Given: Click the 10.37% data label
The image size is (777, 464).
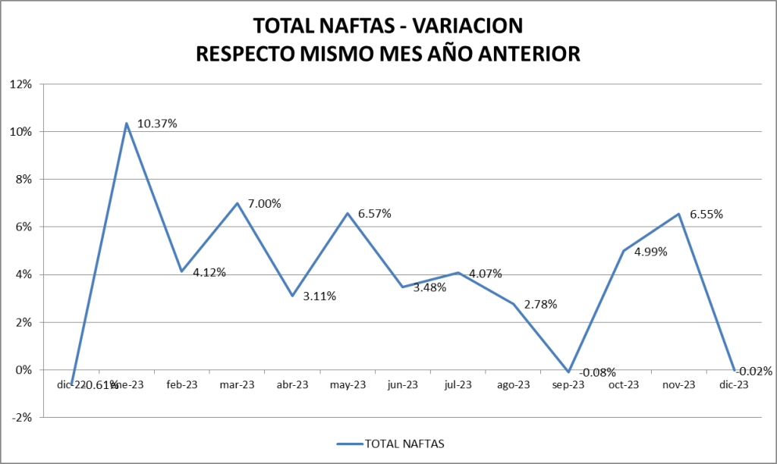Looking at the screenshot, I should pos(157,124).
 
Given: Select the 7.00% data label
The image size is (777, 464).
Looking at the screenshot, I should pos(264,204).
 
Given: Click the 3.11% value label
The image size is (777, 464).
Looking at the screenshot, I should pos(319,296).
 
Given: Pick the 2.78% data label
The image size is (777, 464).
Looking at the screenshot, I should pos(540,305).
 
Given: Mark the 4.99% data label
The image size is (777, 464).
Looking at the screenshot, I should pos(650,252).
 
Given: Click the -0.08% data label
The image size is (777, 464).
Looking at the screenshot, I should pos(597,372).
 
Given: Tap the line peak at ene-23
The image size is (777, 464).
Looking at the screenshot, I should pos(126,123).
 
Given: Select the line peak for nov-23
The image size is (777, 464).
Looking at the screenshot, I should pos(679,214).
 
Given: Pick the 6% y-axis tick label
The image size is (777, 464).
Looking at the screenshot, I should pos(23,227).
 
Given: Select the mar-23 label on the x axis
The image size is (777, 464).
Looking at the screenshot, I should pos(237,385).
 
